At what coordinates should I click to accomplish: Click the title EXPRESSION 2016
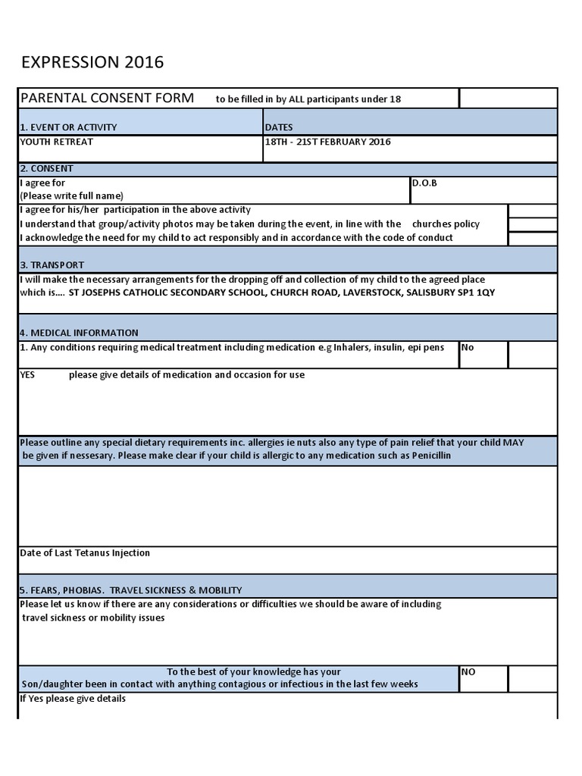[92, 62]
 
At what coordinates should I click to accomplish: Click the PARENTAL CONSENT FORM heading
[107, 98]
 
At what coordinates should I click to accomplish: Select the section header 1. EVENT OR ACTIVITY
[68, 127]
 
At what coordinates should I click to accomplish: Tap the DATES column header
[279, 127]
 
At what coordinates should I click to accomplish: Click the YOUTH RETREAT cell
[57, 142]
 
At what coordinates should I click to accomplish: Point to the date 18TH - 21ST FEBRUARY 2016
[328, 142]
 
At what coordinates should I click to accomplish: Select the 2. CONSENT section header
[47, 169]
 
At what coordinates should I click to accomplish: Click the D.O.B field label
[424, 183]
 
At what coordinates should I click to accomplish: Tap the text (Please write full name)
[71, 196]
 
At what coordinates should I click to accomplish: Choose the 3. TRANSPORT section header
[52, 265]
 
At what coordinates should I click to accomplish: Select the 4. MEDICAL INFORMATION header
[79, 333]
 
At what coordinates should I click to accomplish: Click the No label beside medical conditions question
[468, 347]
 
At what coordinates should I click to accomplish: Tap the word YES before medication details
[27, 375]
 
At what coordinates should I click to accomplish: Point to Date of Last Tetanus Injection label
[85, 553]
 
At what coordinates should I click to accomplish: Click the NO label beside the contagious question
[468, 671]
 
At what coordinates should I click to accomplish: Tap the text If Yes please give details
[73, 699]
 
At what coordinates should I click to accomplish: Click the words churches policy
[446, 224]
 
